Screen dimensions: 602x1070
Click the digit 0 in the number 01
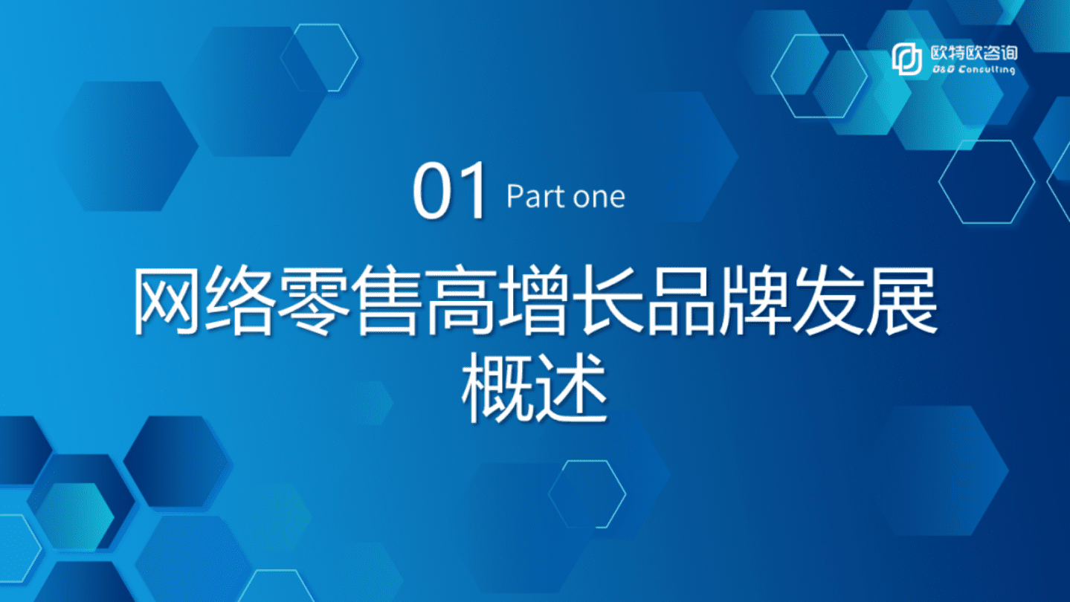click(433, 193)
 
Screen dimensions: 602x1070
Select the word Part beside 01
click(531, 197)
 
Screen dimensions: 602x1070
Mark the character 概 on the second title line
click(497, 389)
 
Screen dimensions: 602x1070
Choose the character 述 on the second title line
click(571, 389)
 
